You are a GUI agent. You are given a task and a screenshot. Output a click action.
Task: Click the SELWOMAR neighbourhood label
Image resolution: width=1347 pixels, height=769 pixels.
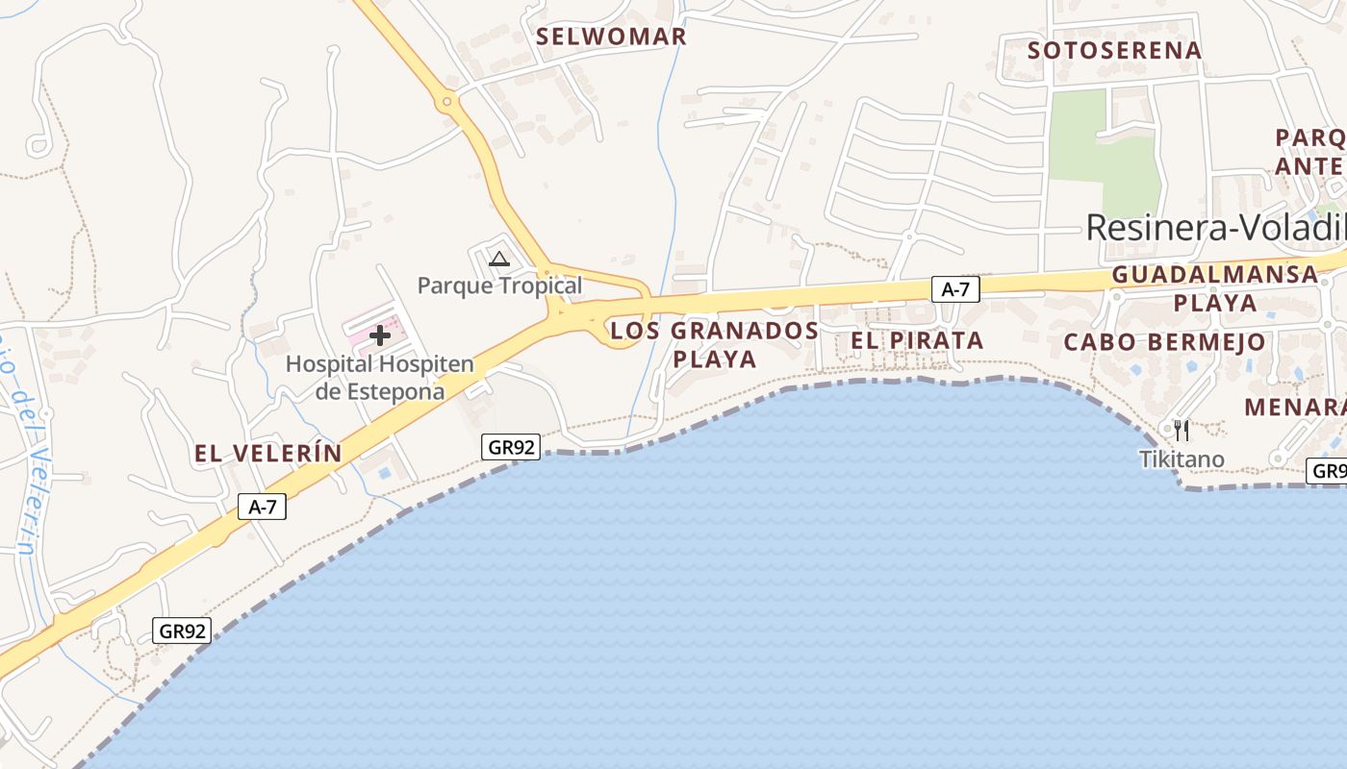coord(611,37)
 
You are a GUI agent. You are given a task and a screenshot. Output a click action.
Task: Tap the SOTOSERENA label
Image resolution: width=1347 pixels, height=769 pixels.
coord(1114,50)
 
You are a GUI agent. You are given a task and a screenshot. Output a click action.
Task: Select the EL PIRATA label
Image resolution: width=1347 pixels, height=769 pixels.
coord(916,340)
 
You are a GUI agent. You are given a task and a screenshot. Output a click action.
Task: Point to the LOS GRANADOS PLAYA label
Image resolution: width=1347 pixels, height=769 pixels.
coord(715,344)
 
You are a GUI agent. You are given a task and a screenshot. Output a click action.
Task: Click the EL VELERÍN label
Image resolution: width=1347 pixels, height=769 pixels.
coord(268,454)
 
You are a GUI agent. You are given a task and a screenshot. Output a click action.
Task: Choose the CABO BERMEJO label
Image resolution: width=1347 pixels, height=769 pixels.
coord(1164,342)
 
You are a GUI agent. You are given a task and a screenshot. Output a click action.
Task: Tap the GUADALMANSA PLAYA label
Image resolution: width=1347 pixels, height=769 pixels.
coord(1214,288)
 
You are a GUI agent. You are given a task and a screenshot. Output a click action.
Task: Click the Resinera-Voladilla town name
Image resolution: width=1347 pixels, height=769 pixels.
coord(1215,228)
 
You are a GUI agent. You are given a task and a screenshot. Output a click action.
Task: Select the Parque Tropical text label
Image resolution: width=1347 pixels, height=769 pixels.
coord(499,285)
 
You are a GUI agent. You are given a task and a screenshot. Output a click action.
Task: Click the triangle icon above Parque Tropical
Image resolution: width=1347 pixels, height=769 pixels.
coord(498,259)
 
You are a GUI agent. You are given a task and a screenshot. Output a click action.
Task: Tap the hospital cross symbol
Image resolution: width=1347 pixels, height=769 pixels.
coord(380,335)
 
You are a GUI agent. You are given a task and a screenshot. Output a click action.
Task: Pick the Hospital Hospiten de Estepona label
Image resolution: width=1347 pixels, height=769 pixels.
coord(380,378)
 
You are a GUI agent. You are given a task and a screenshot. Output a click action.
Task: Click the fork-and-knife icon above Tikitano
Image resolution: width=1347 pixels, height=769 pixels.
coord(1182,430)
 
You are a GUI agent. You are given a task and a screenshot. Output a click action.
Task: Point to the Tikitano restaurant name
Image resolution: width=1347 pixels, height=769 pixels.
coord(1182,459)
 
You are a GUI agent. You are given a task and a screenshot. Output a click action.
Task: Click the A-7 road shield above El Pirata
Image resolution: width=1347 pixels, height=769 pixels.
coord(954,289)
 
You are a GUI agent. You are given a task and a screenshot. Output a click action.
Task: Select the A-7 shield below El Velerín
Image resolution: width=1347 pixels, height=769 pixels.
coord(262,507)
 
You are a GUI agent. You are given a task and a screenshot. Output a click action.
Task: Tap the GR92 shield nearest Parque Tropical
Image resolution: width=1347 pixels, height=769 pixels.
coord(511,446)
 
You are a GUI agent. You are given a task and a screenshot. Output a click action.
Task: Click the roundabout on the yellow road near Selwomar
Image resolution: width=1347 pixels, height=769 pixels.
coord(446,101)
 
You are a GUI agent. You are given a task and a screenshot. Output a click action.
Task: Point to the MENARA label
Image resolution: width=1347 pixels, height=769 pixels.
coord(1294,408)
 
